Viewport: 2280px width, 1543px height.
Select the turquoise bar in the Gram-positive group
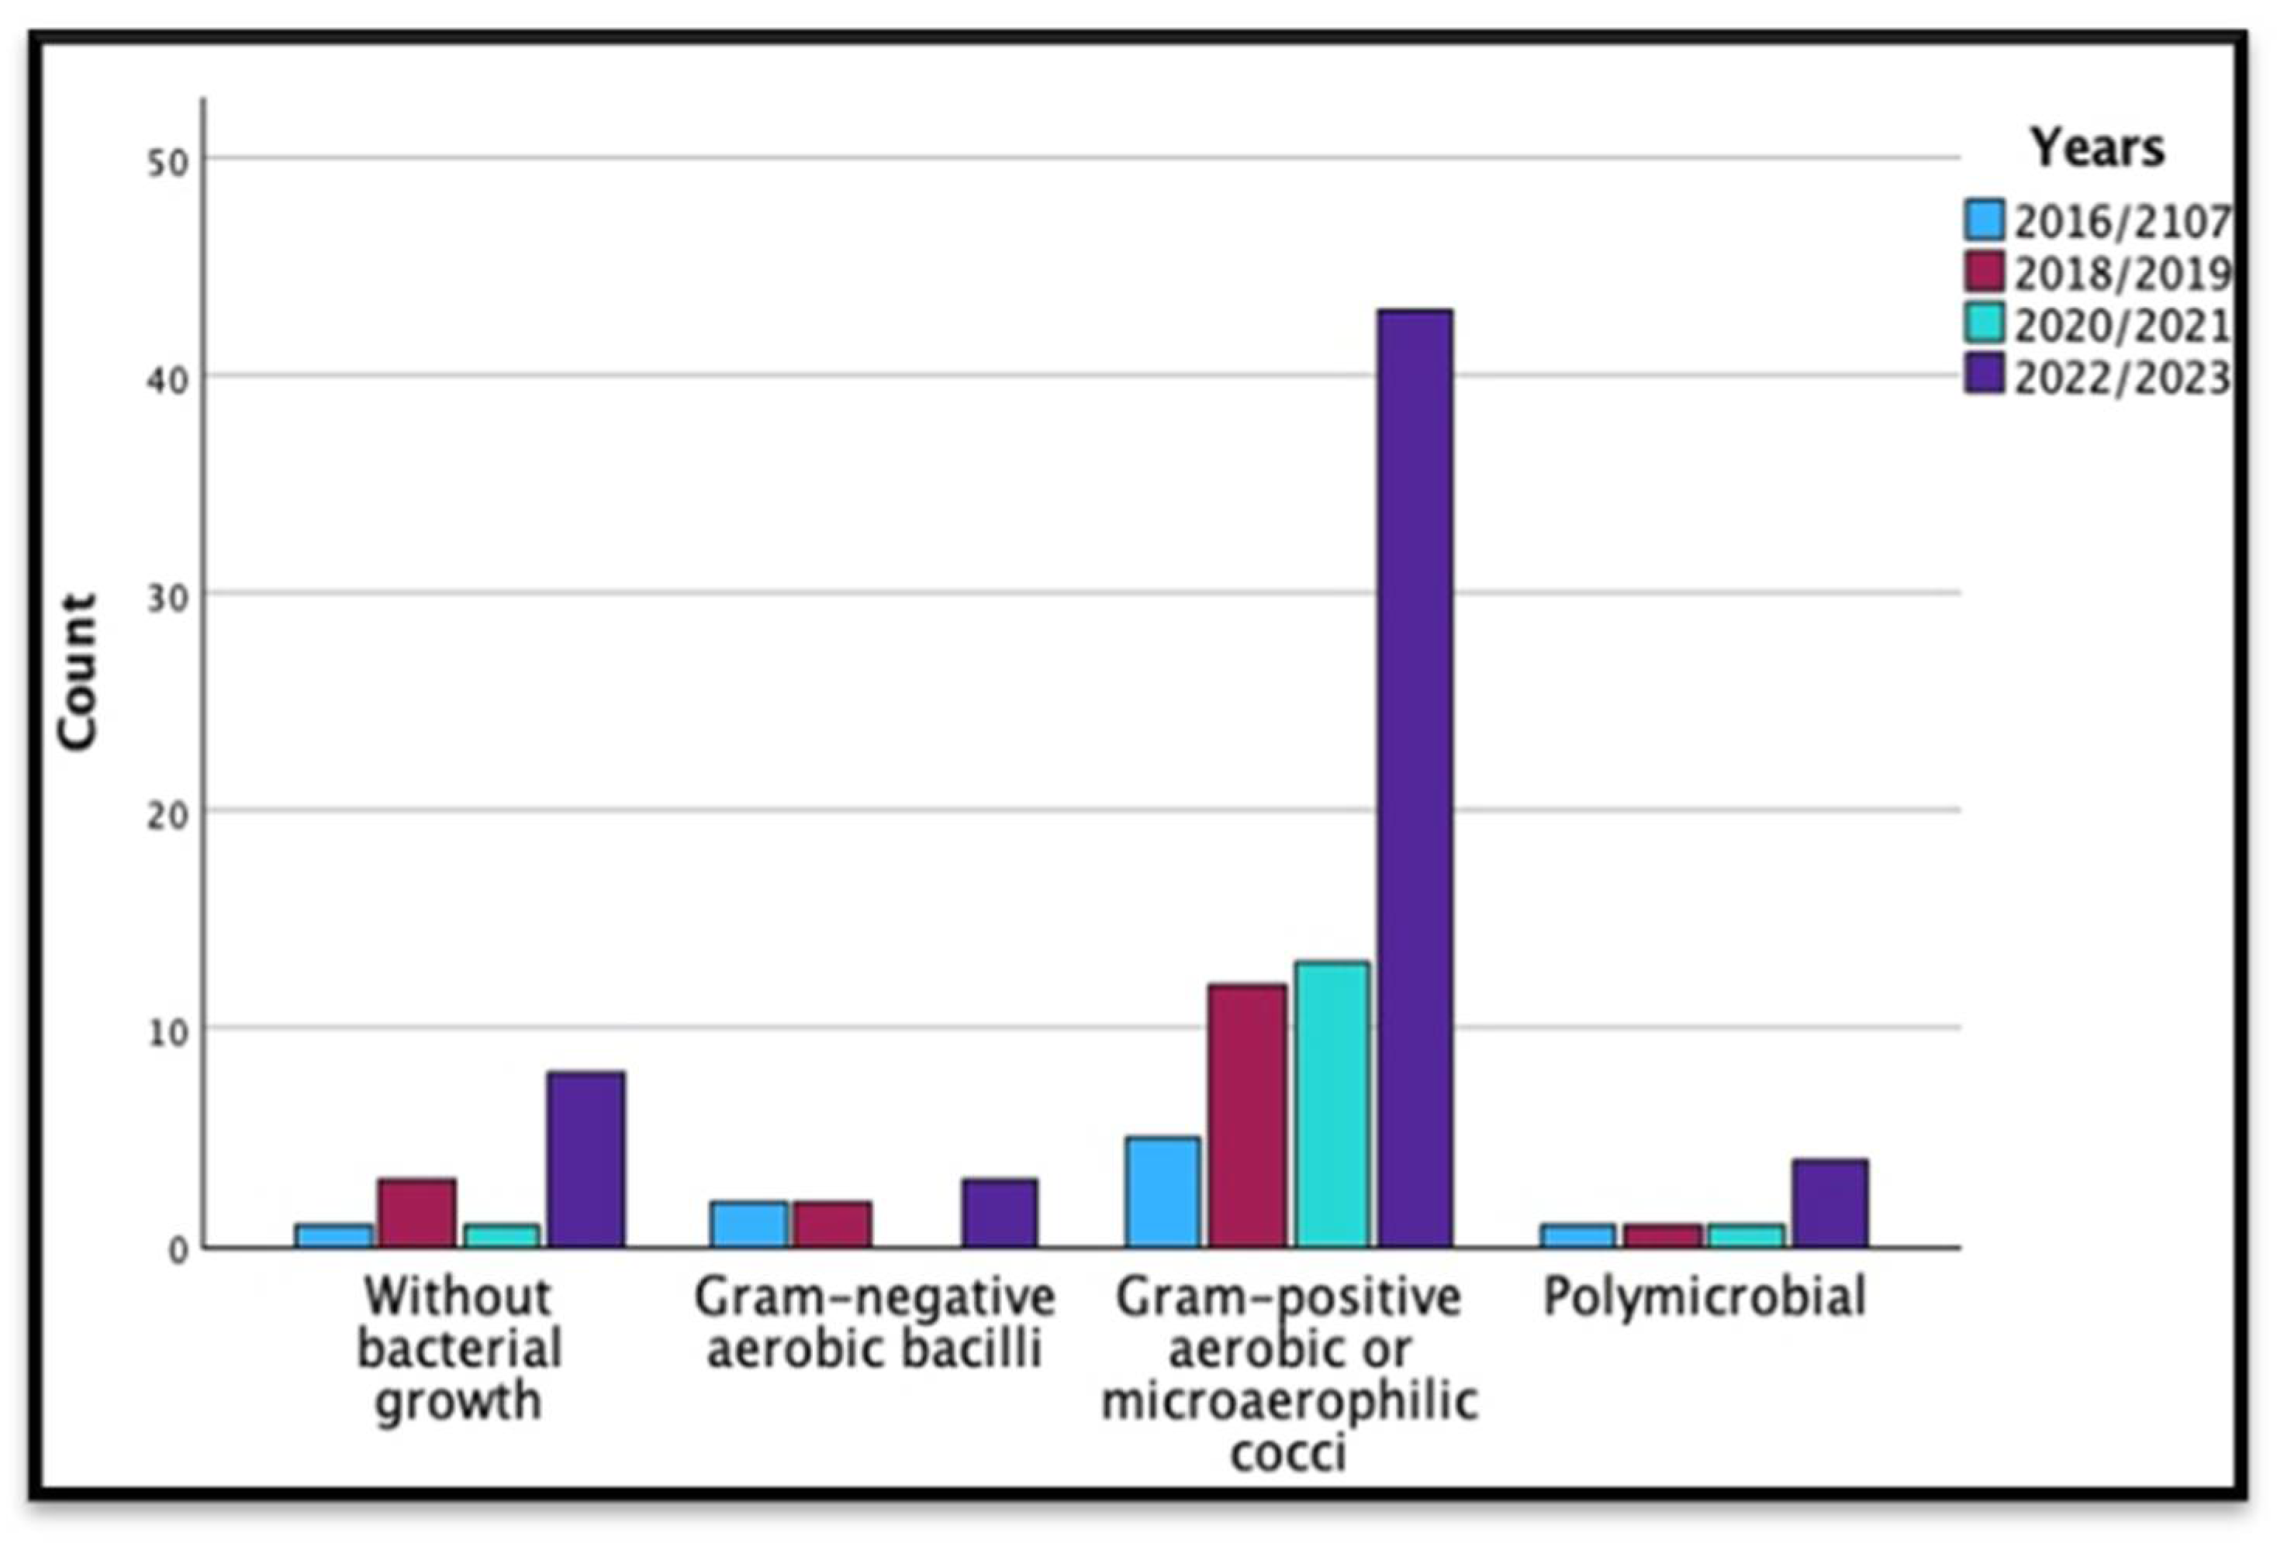pos(1332,1103)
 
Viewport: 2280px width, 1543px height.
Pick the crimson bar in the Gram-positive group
pos(1247,1115)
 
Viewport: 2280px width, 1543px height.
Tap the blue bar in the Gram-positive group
pos(1162,1192)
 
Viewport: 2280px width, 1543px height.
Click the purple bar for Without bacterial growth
pos(586,1158)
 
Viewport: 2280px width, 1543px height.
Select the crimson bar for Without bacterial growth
pos(417,1213)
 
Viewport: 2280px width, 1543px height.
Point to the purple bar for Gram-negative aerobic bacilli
pos(999,1213)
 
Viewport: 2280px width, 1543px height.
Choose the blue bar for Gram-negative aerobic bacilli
pos(750,1224)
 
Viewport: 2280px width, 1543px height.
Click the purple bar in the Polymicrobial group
pos(1829,1203)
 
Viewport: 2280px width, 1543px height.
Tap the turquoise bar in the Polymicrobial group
pos(1746,1235)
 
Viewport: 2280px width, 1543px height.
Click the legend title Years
pos(2096,148)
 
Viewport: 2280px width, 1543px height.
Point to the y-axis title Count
pos(78,672)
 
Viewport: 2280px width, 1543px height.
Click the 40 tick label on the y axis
pos(168,381)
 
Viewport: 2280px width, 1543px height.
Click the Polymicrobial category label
pos(1704,1296)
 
